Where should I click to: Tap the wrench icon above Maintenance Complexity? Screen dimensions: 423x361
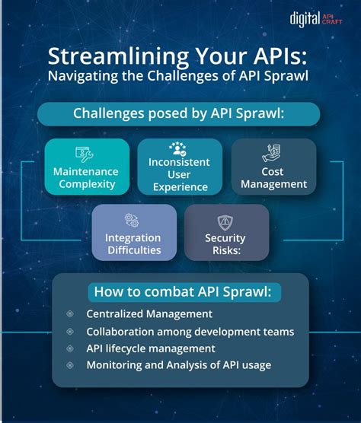pyautogui.click(x=85, y=152)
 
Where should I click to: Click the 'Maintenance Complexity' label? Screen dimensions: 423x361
pyautogui.click(x=85, y=177)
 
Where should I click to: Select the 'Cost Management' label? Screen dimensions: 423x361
pyautogui.click(x=273, y=177)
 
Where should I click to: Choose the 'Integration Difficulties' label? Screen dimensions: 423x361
pyautogui.click(x=133, y=243)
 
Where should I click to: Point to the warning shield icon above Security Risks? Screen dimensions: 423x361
pyautogui.click(x=225, y=221)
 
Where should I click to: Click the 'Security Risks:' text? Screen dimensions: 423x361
pyautogui.click(x=225, y=243)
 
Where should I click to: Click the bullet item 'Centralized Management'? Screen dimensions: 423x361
pyautogui.click(x=149, y=313)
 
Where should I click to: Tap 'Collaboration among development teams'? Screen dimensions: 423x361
pyautogui.click(x=190, y=331)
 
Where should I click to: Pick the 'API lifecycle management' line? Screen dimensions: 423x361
pyautogui.click(x=151, y=348)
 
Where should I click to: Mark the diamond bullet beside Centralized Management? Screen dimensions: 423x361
pyautogui.click(x=70, y=313)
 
